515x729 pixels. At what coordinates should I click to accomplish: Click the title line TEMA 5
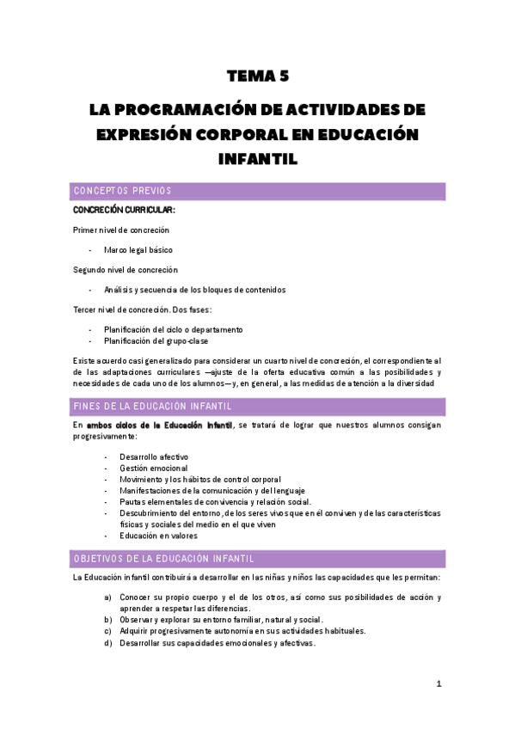(x=257, y=77)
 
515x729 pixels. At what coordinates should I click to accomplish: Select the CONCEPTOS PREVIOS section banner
(x=258, y=191)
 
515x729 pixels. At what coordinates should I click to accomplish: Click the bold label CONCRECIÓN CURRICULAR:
(x=124, y=210)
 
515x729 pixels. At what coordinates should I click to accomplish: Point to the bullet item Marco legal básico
(x=138, y=249)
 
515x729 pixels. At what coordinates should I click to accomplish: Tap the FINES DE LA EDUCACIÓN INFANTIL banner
(x=258, y=406)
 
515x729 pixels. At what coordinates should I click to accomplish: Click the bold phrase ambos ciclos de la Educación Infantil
(x=159, y=426)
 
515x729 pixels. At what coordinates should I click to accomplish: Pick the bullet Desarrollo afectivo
(x=154, y=456)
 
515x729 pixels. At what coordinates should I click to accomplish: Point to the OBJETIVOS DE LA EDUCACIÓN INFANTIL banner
(x=258, y=558)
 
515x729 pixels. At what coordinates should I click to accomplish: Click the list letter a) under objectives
(x=107, y=597)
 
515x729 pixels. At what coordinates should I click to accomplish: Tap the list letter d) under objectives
(x=107, y=641)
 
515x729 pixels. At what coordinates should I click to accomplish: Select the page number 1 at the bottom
(x=438, y=684)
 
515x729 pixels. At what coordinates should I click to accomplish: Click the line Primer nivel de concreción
(x=121, y=230)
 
